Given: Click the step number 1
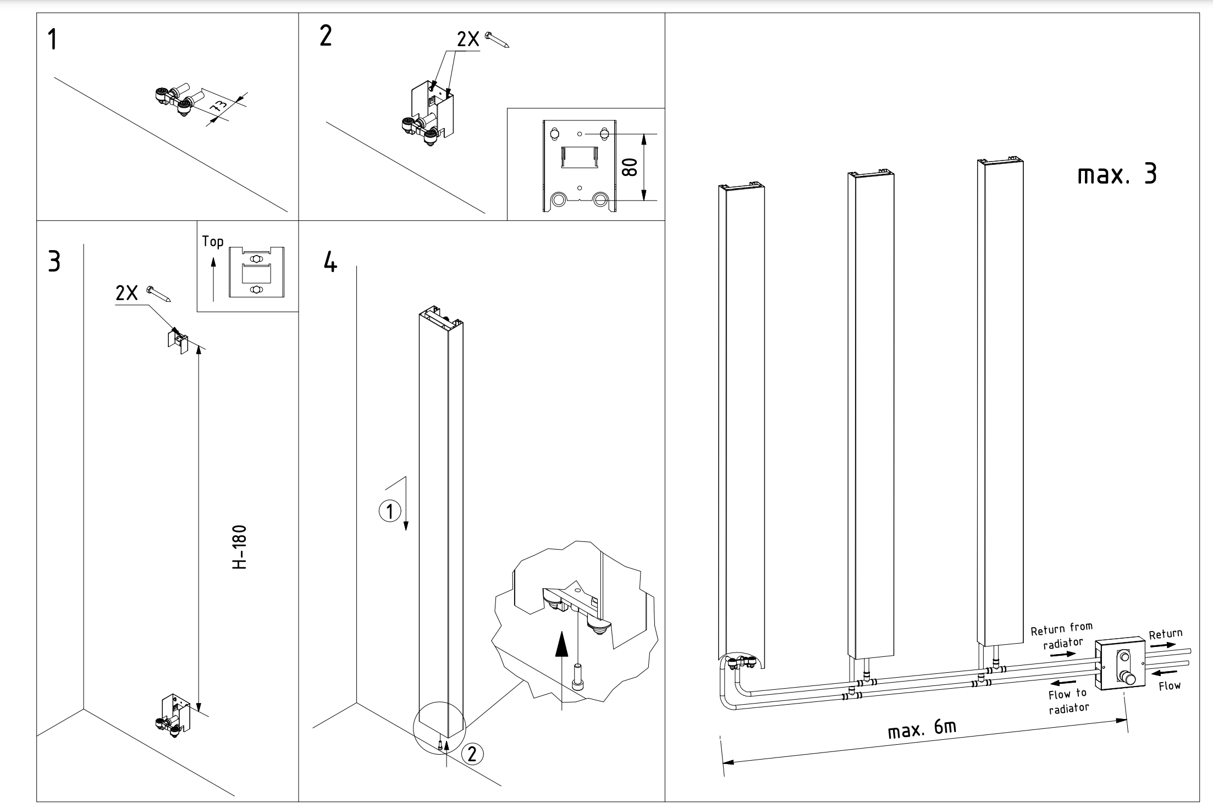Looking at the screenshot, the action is [x=53, y=40].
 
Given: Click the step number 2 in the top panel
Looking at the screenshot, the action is [x=326, y=36].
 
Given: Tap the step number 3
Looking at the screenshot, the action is [x=54, y=262].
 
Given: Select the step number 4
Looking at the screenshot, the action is [x=330, y=262].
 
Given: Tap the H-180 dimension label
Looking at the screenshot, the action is [x=239, y=547].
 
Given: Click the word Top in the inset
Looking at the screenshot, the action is [x=212, y=241].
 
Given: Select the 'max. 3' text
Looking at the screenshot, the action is [x=1117, y=175].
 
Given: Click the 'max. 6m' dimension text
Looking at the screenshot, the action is [x=922, y=729].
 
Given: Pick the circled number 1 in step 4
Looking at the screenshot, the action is [x=389, y=512].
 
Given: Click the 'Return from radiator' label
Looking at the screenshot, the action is [x=1061, y=635].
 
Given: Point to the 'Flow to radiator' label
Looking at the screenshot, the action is [x=1068, y=701].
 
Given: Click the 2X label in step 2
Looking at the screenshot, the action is [x=467, y=40].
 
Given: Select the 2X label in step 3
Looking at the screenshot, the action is [x=126, y=294].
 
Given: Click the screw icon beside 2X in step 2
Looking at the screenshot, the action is [x=497, y=40].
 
